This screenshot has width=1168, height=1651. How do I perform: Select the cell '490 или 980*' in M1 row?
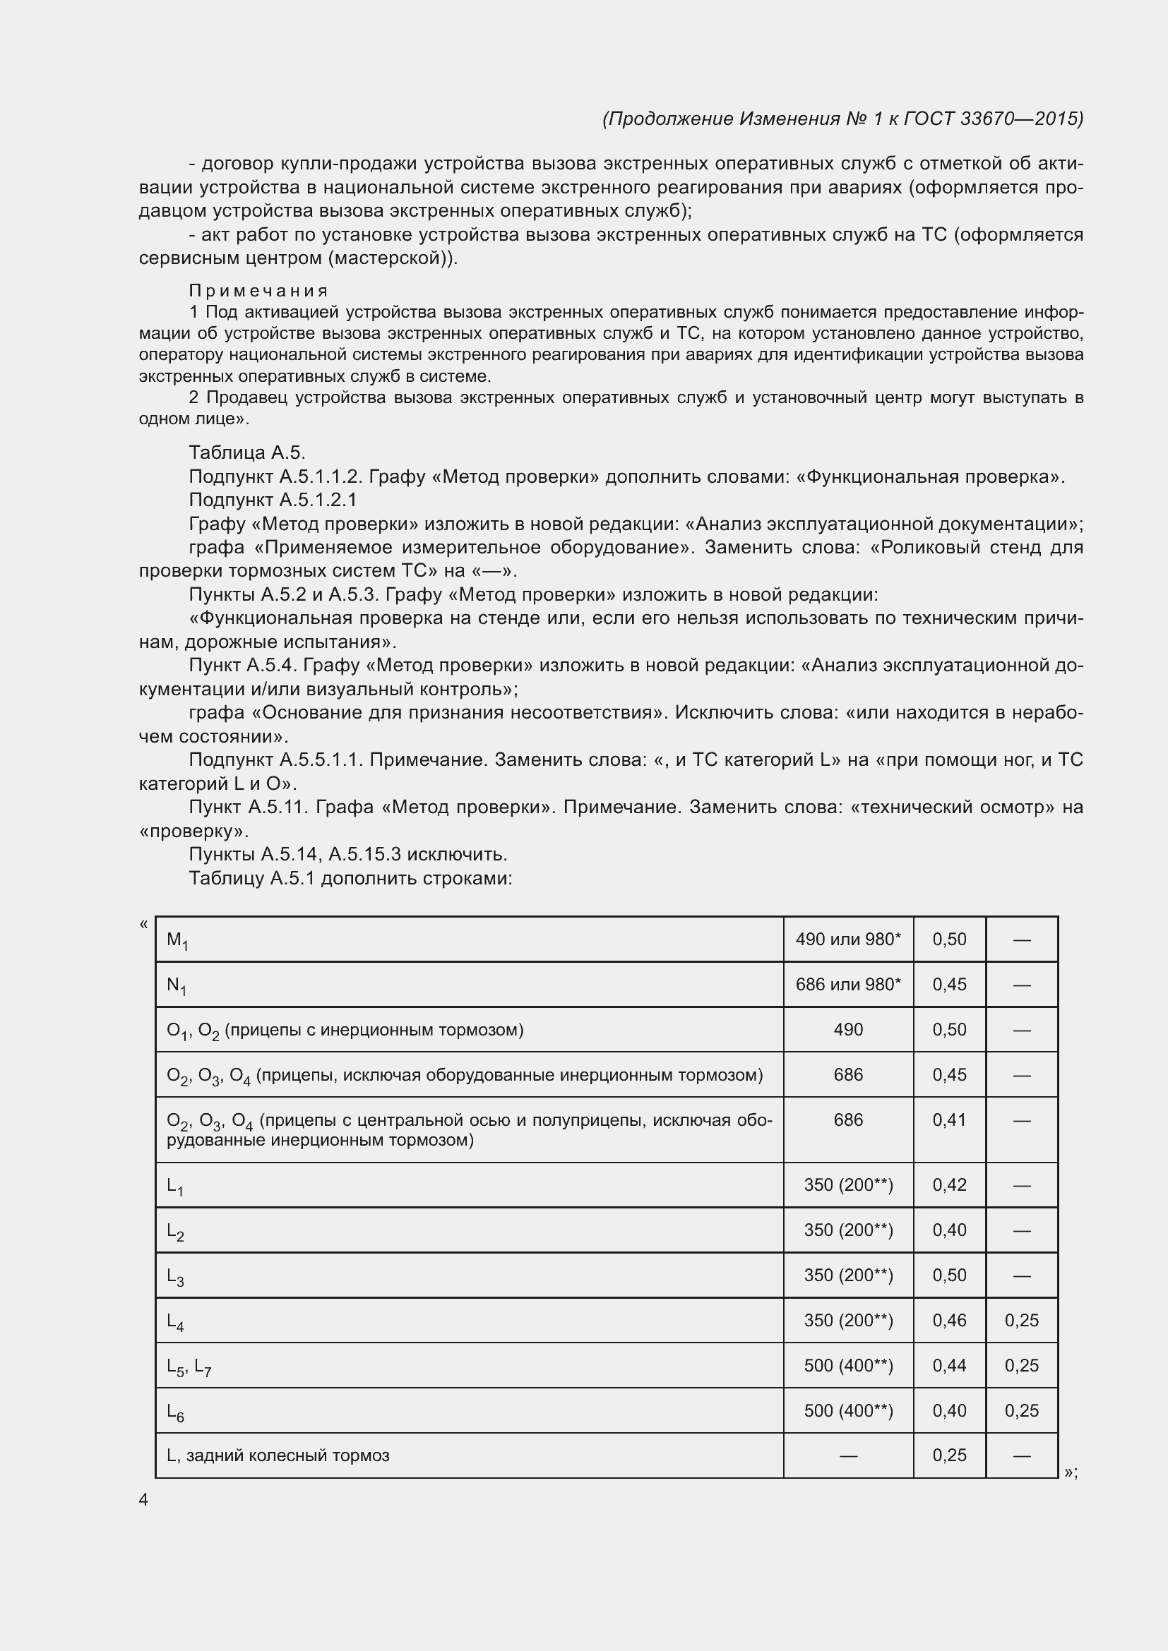[x=848, y=939]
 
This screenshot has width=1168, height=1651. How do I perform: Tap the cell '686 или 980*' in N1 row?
[x=848, y=985]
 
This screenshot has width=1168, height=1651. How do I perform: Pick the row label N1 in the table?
[x=177, y=986]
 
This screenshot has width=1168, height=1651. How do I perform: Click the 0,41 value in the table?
[x=949, y=1120]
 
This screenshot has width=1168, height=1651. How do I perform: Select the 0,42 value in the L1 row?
[x=949, y=1185]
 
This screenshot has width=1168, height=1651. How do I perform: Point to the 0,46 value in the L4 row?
[x=949, y=1321]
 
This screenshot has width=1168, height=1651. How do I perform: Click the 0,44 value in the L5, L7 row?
[x=949, y=1367]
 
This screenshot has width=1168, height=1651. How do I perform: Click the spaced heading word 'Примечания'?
[x=258, y=291]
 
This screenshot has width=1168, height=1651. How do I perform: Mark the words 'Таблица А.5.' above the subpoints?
[x=246, y=453]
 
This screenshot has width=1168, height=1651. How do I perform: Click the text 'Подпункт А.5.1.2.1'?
[x=273, y=500]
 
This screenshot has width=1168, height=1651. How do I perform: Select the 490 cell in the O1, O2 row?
[x=848, y=1030]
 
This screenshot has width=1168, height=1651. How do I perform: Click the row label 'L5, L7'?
[x=189, y=1368]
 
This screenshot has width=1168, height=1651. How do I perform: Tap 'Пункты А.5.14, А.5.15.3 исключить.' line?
[x=348, y=854]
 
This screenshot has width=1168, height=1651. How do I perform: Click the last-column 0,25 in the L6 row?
[x=1021, y=1411]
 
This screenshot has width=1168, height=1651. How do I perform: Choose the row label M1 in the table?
[x=177, y=940]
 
